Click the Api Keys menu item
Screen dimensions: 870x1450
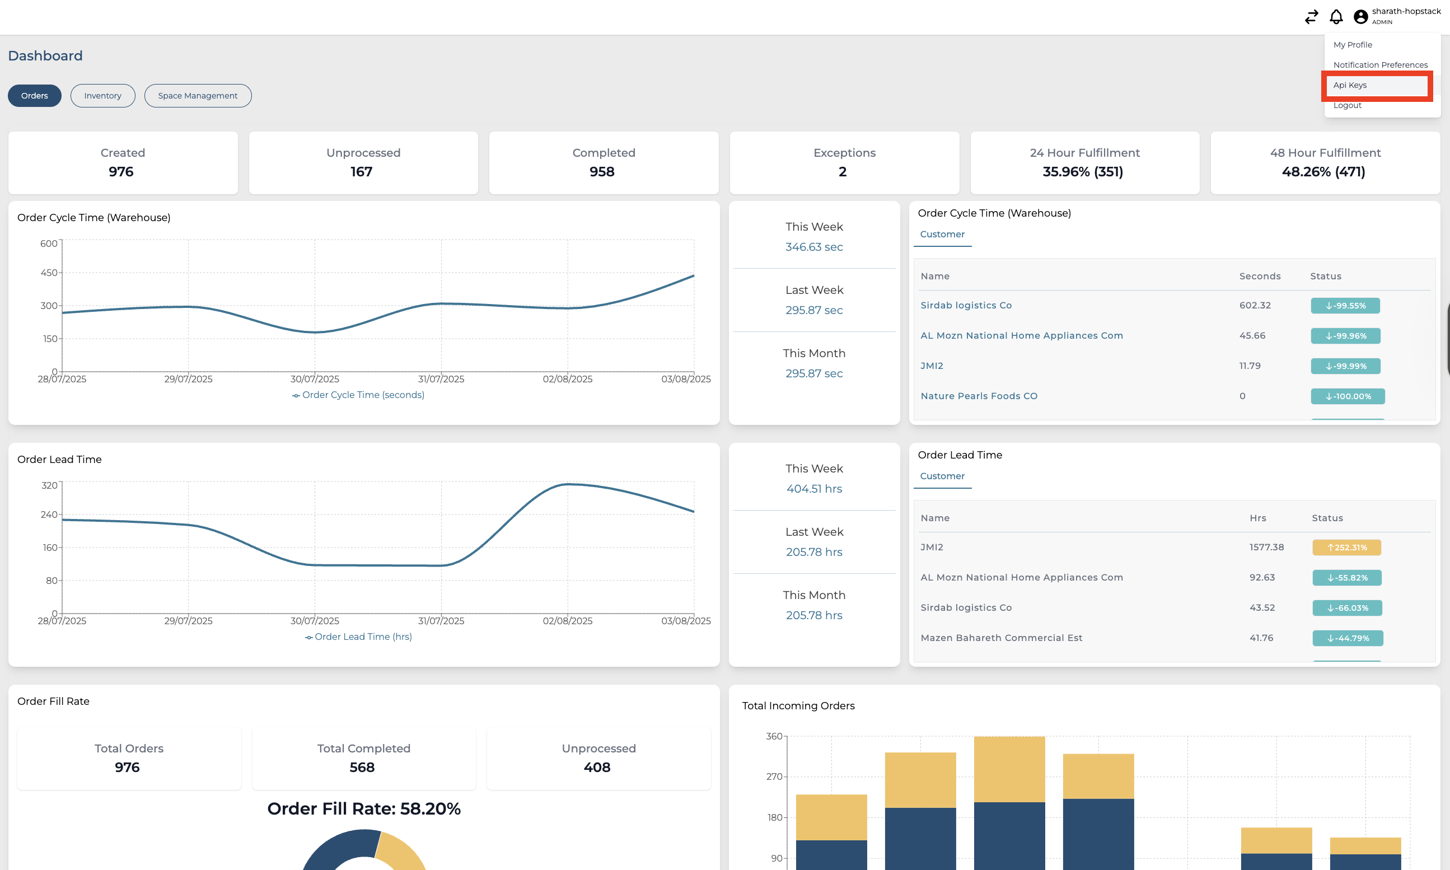point(1350,85)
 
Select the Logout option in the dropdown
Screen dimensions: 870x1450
point(1347,105)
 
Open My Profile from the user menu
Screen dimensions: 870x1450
point(1352,45)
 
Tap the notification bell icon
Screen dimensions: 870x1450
point(1336,17)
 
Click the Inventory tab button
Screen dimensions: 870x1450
point(102,96)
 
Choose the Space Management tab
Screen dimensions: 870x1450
point(198,96)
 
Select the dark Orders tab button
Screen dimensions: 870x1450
point(35,96)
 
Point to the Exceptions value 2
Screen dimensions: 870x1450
point(842,172)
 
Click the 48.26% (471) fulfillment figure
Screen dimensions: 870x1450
point(1323,172)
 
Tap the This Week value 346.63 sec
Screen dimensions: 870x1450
point(814,247)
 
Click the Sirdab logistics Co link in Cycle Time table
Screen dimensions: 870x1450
point(966,306)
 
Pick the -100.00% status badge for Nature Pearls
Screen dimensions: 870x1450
point(1348,396)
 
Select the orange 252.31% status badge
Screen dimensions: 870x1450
point(1346,548)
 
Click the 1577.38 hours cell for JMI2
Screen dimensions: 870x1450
point(1266,547)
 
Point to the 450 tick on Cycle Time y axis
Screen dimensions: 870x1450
point(49,273)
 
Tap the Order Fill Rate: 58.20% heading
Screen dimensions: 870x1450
point(364,808)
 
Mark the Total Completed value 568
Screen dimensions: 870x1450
point(362,768)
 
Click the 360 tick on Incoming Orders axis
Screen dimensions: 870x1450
point(774,736)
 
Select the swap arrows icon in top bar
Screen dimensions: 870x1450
point(1311,17)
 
